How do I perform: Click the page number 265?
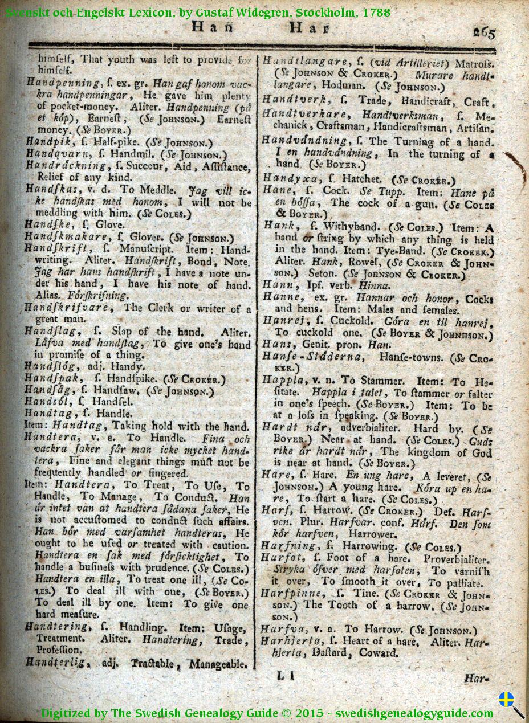pos(483,33)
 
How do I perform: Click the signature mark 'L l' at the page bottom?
pos(285,676)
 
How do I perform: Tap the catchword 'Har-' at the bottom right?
pos(477,679)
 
